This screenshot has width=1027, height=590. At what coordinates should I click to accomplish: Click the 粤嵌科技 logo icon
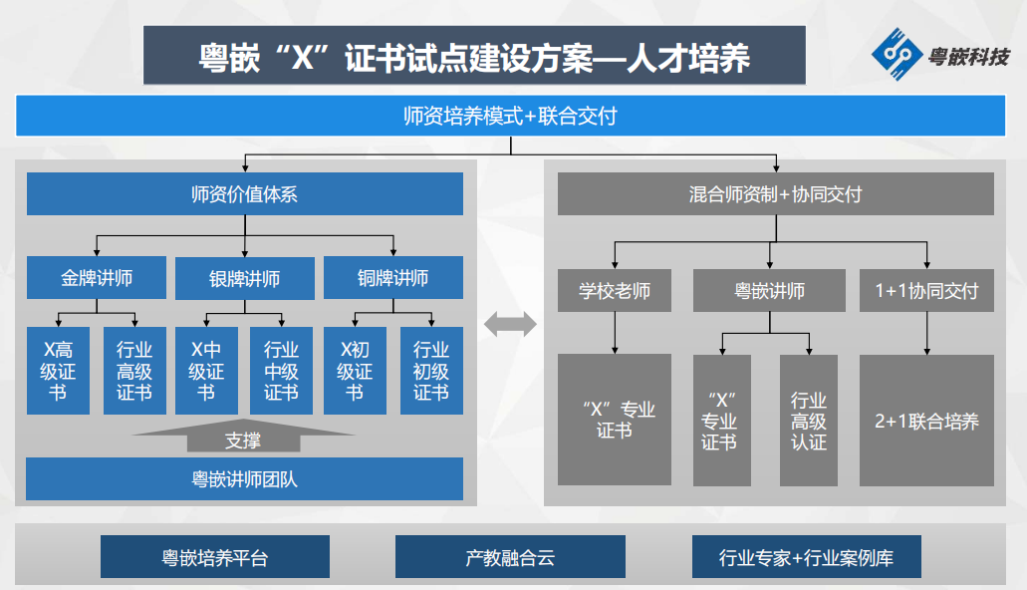click(x=897, y=55)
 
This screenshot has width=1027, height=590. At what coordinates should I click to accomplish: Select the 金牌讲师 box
click(x=97, y=278)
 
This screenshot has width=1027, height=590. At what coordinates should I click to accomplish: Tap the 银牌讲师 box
click(x=245, y=278)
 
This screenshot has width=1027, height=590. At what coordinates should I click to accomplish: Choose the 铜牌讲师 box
click(x=393, y=278)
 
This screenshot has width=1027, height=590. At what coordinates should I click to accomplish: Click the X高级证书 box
click(x=59, y=371)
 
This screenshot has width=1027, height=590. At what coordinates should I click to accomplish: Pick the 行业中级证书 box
click(x=281, y=371)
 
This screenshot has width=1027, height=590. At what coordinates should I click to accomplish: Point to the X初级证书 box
click(x=355, y=371)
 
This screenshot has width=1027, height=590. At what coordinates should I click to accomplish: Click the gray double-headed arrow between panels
click(x=510, y=324)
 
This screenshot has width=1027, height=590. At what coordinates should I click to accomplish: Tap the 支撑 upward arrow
click(x=243, y=436)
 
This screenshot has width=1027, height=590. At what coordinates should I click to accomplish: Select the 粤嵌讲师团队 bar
click(x=244, y=479)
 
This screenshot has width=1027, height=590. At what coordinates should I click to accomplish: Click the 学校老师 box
click(x=615, y=290)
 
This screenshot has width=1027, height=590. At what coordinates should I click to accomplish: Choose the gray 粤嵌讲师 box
click(x=770, y=290)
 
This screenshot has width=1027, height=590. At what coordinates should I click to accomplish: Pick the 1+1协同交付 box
click(x=926, y=290)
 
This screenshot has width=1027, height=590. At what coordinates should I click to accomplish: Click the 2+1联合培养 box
click(x=926, y=421)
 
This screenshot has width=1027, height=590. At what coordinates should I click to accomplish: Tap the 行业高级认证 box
click(x=809, y=421)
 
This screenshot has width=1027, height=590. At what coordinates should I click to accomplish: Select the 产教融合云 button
click(x=510, y=556)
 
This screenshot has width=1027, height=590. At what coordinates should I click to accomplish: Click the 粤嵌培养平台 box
click(x=215, y=556)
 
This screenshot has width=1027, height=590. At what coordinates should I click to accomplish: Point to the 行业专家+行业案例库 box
click(x=806, y=556)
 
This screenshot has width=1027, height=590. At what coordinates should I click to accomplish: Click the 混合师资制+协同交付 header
click(x=776, y=194)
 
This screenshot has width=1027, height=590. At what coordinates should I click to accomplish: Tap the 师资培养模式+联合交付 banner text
click(x=510, y=116)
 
